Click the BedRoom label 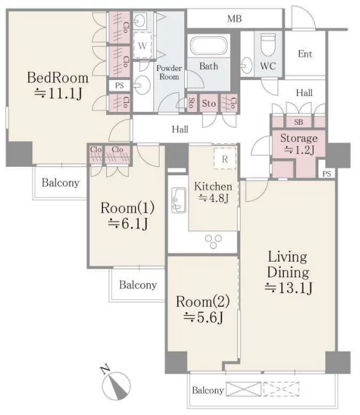(x=58, y=78)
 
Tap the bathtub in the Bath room (x=208, y=46)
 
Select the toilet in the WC (x=268, y=45)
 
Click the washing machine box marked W (x=143, y=45)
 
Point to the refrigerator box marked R (x=224, y=159)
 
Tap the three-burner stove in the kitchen (x=213, y=241)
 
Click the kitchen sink (x=178, y=200)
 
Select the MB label (x=235, y=19)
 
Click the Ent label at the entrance (x=305, y=54)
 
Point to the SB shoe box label (x=299, y=122)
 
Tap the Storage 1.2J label (x=299, y=144)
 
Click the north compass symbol (x=116, y=383)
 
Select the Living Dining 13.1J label (x=288, y=272)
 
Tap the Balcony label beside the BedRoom (x=60, y=183)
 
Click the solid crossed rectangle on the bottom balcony (x=244, y=389)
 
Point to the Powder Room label (x=169, y=72)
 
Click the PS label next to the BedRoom (x=120, y=86)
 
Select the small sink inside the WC (x=246, y=65)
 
